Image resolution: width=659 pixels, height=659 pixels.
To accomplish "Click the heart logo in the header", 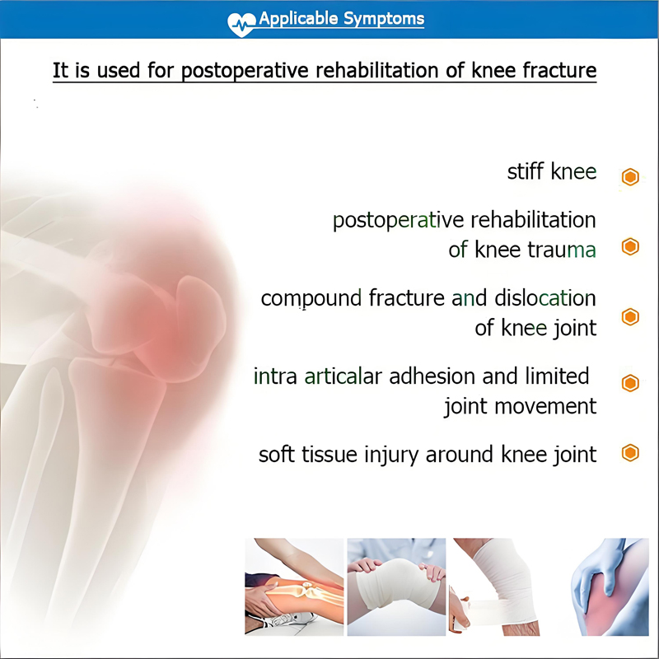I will tap(242, 21).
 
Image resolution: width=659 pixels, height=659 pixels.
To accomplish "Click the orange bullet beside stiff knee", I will tap(630, 176).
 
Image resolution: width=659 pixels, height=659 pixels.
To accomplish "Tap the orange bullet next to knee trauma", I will tap(630, 246).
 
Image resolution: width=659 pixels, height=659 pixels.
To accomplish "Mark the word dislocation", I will tap(544, 297).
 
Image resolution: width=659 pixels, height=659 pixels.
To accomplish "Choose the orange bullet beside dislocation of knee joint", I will tap(630, 317).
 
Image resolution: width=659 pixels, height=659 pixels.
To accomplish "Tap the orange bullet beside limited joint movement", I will tap(630, 383).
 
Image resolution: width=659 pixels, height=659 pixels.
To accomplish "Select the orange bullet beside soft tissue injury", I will tap(630, 452).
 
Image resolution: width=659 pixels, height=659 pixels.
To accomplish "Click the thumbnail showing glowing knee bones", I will tap(293, 586).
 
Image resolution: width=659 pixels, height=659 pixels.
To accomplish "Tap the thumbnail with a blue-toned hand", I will tap(610, 586).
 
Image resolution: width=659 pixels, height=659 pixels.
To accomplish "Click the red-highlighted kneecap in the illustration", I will tap(186, 309).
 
